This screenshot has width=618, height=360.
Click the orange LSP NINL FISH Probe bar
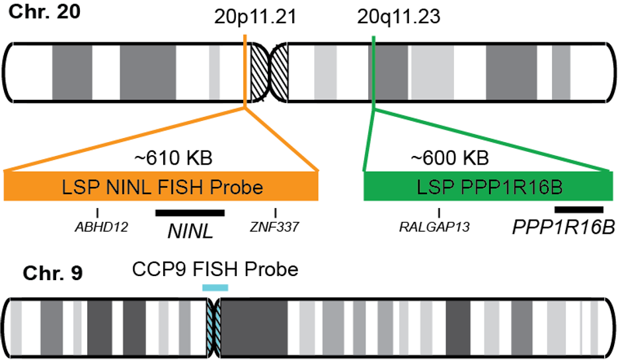[161, 186]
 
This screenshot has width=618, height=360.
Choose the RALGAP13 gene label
[434, 227]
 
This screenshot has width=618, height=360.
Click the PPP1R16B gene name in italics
[564, 228]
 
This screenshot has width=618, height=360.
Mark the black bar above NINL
[190, 213]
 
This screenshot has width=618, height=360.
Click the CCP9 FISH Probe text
[215, 270]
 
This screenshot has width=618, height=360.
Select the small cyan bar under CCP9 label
[215, 287]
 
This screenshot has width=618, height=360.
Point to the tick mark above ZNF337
[275, 213]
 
